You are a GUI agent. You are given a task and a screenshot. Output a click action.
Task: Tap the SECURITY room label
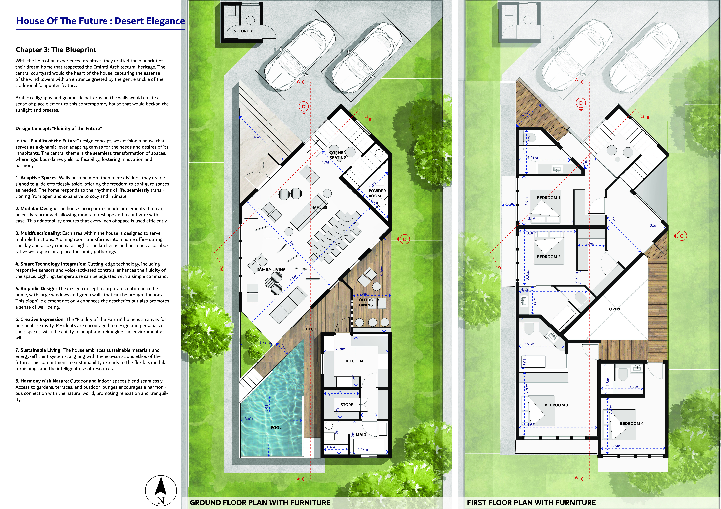(243, 31)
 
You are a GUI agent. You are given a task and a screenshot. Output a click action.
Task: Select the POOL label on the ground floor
(276, 427)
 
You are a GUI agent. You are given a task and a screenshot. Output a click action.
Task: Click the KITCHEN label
(354, 361)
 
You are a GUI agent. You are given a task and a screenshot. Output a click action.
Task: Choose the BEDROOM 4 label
(632, 423)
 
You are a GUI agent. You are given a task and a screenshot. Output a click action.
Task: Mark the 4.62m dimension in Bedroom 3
(532, 425)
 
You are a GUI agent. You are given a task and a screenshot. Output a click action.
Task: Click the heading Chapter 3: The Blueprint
(56, 50)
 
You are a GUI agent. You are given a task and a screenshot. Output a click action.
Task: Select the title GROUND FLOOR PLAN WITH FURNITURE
(260, 502)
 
